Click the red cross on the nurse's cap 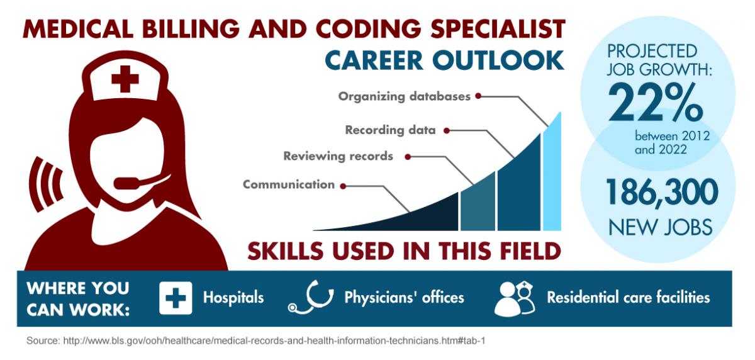point(125,79)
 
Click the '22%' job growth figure point(656,103)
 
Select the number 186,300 point(662,191)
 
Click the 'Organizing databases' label point(404,96)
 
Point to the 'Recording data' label point(390,130)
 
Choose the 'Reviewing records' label point(338,156)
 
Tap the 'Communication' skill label point(289,184)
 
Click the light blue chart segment point(552,176)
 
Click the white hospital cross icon point(176,298)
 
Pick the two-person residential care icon point(515,299)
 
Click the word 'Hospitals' point(233,298)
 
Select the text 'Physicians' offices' point(404,298)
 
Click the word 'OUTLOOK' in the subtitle point(498,60)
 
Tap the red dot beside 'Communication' point(343,186)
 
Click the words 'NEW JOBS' point(661,227)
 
